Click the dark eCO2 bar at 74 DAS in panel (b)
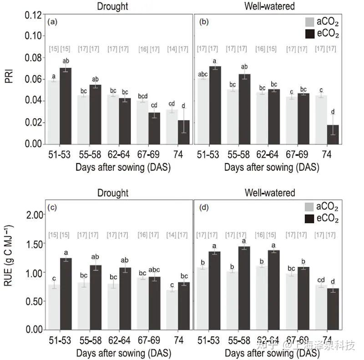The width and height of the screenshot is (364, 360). click(x=333, y=135)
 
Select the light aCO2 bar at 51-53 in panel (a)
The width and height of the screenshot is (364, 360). click(x=54, y=112)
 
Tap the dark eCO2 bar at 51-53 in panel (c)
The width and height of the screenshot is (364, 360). click(x=66, y=294)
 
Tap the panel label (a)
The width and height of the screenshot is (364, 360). click(x=52, y=21)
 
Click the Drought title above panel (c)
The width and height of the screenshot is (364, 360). click(x=112, y=193)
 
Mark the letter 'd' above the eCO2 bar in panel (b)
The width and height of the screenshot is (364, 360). click(x=333, y=112)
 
